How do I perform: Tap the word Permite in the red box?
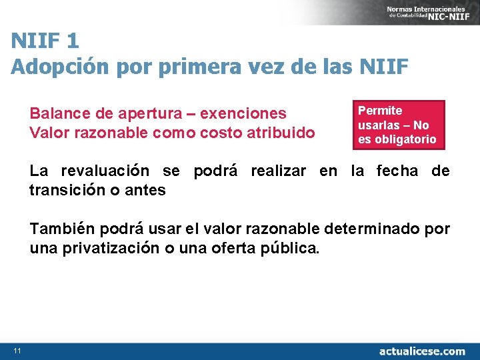click(x=380, y=111)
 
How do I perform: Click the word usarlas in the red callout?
click(x=379, y=125)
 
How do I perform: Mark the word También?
click(x=61, y=230)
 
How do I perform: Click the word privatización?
click(x=110, y=249)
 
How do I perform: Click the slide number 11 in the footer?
click(x=17, y=351)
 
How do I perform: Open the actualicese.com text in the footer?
click(x=422, y=351)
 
